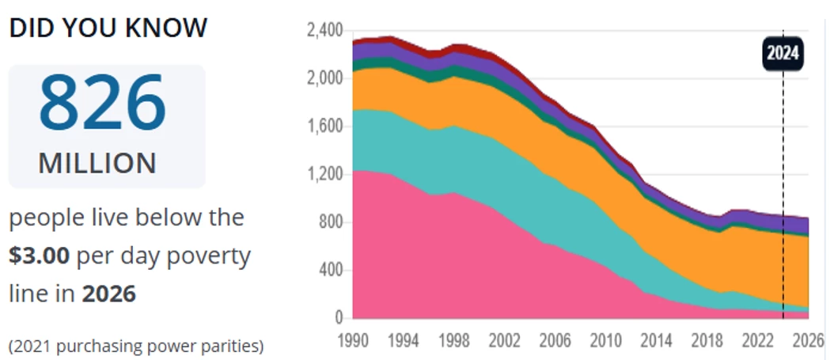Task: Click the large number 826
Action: point(103,103)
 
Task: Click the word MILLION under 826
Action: point(97,163)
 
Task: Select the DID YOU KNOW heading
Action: point(108,28)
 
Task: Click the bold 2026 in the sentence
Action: point(108,294)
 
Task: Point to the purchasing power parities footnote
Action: point(135,346)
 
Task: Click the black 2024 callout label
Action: point(783,55)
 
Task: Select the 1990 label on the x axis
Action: point(352,341)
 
